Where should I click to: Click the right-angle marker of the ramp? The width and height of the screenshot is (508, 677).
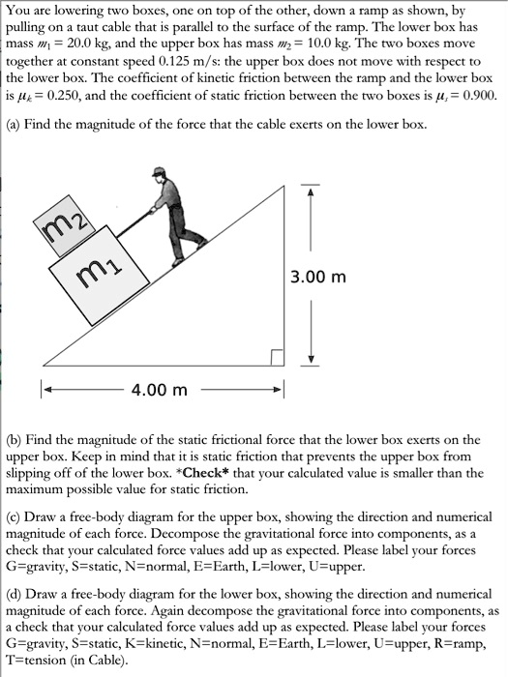coord(277,358)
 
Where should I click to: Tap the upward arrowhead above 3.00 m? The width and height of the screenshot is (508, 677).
coord(312,190)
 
